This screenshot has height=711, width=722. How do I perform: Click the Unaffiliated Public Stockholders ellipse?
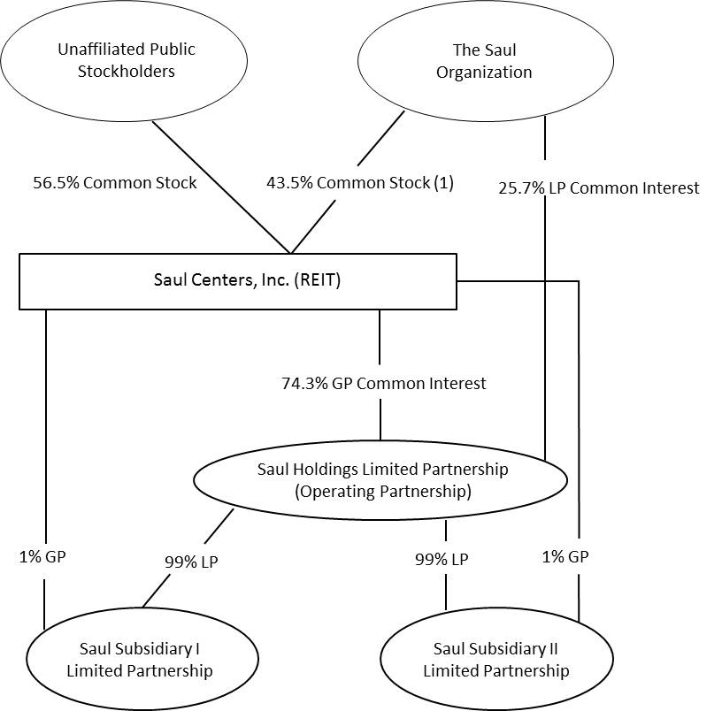click(126, 61)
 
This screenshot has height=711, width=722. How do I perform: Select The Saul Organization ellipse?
click(484, 61)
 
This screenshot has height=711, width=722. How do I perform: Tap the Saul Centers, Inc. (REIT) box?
click(237, 281)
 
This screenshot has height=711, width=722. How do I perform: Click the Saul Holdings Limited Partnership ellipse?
click(381, 479)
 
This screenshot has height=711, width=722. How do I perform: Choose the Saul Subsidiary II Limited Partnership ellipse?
click(495, 660)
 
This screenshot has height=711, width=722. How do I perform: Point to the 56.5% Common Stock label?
click(115, 183)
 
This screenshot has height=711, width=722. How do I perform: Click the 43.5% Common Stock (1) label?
click(359, 183)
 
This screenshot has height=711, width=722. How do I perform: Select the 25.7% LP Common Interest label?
click(598, 187)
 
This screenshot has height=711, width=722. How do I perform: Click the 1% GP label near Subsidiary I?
click(42, 556)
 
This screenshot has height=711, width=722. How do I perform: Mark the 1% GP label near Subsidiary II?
click(565, 556)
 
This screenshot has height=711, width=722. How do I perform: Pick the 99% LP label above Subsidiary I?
click(191, 561)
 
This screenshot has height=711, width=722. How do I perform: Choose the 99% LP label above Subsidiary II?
click(442, 559)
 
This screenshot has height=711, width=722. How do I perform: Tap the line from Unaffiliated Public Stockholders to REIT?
click(221, 187)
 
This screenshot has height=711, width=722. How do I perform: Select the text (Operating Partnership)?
click(382, 491)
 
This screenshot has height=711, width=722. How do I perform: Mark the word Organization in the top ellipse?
click(484, 73)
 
